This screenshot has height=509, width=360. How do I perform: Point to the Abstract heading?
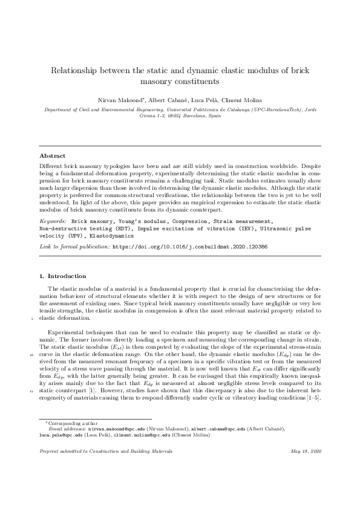click(x=53, y=156)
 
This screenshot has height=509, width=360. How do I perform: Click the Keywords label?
click(x=52, y=222)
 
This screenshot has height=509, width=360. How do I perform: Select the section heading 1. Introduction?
click(x=62, y=276)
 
